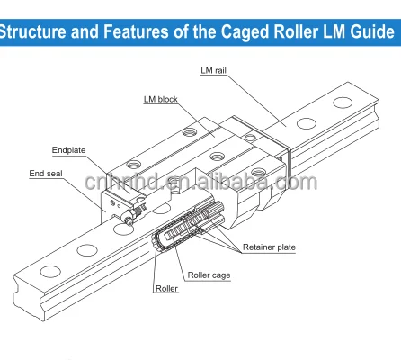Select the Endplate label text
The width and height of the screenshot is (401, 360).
pos(66,150)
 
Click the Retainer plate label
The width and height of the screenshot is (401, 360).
pos(269,247)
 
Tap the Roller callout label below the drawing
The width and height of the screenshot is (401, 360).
pos(166,289)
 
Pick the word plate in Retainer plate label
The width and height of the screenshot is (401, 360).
pos(285,247)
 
